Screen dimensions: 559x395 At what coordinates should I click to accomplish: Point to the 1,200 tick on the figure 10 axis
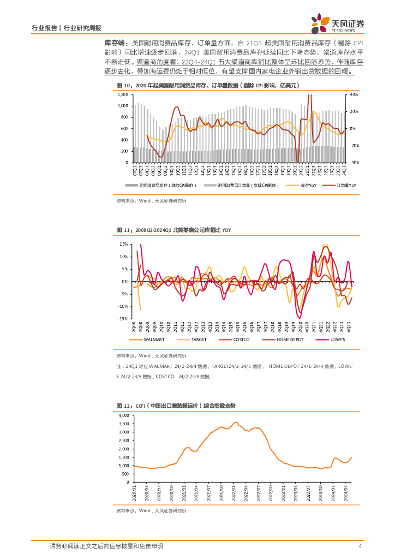123,94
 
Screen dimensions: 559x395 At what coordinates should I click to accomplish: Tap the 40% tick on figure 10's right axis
354,94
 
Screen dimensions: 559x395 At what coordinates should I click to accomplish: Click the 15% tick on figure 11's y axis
124,244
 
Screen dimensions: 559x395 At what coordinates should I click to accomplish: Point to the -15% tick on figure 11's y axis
124,319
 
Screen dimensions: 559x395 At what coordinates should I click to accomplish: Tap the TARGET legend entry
198,340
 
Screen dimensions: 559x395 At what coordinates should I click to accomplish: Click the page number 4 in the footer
360,546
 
